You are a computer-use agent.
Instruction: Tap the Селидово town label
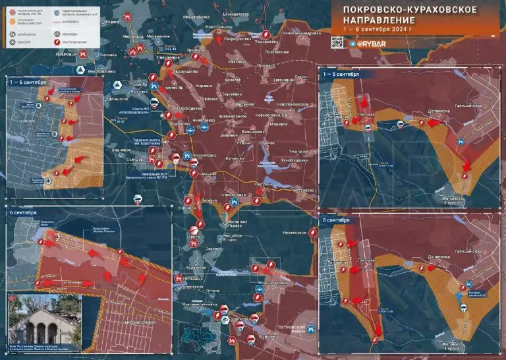(135, 159)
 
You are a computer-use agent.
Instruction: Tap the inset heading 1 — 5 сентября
(341, 75)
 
